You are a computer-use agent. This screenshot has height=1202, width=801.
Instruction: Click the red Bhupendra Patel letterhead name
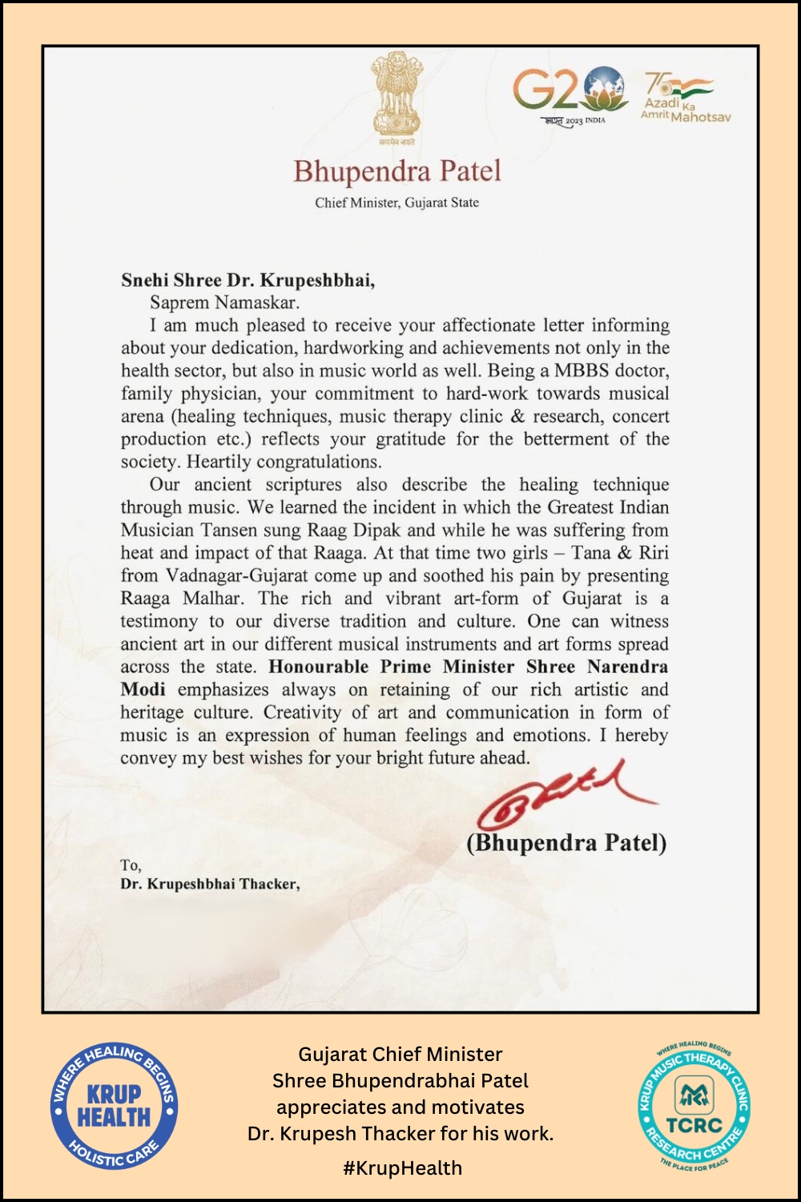tap(396, 171)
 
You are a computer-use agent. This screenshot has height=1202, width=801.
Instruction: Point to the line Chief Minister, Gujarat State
tap(396, 203)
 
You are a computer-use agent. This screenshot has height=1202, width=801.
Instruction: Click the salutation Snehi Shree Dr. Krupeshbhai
tap(248, 280)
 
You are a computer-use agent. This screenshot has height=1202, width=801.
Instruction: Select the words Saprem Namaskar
tap(224, 303)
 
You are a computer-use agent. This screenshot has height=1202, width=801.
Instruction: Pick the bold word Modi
tap(143, 690)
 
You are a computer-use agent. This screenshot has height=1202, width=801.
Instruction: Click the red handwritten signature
tap(565, 793)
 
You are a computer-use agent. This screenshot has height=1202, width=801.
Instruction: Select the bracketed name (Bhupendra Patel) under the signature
tap(566, 842)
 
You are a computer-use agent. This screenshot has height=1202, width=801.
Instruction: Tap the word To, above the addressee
tap(131, 865)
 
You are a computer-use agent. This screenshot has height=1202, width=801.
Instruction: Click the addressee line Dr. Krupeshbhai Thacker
tap(210, 884)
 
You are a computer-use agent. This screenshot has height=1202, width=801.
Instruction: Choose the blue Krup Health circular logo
tap(114, 1106)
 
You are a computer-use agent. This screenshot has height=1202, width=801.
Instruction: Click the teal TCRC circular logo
tap(694, 1106)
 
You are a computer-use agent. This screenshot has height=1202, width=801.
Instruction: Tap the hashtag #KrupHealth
tap(402, 1168)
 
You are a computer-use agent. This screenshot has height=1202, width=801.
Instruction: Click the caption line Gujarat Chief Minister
tap(400, 1055)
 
